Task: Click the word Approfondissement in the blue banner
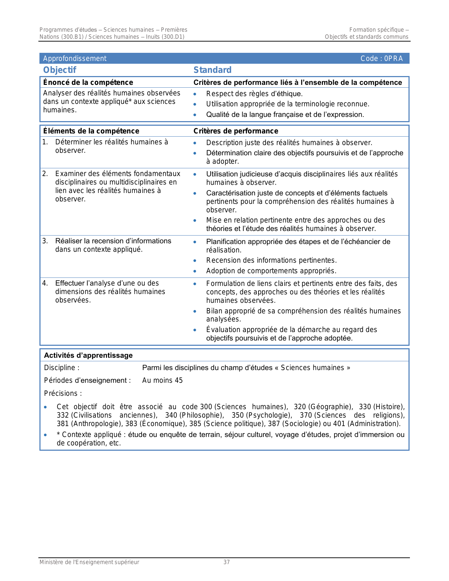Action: tap(75, 58)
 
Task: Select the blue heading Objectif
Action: tap(60, 70)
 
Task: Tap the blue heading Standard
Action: tap(212, 70)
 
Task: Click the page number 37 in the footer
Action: tap(226, 562)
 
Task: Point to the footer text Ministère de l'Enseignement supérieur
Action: tap(89, 562)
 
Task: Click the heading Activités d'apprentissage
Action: tap(88, 355)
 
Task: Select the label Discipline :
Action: tap(62, 368)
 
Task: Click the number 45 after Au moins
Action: tap(179, 380)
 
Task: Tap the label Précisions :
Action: tap(63, 393)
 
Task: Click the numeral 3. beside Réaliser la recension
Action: tap(45, 241)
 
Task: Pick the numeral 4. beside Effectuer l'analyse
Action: tap(45, 283)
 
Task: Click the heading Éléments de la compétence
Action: tap(91, 131)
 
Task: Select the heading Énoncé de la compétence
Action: tap(88, 82)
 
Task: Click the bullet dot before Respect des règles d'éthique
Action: tap(195, 94)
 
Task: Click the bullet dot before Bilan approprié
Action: tap(195, 311)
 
